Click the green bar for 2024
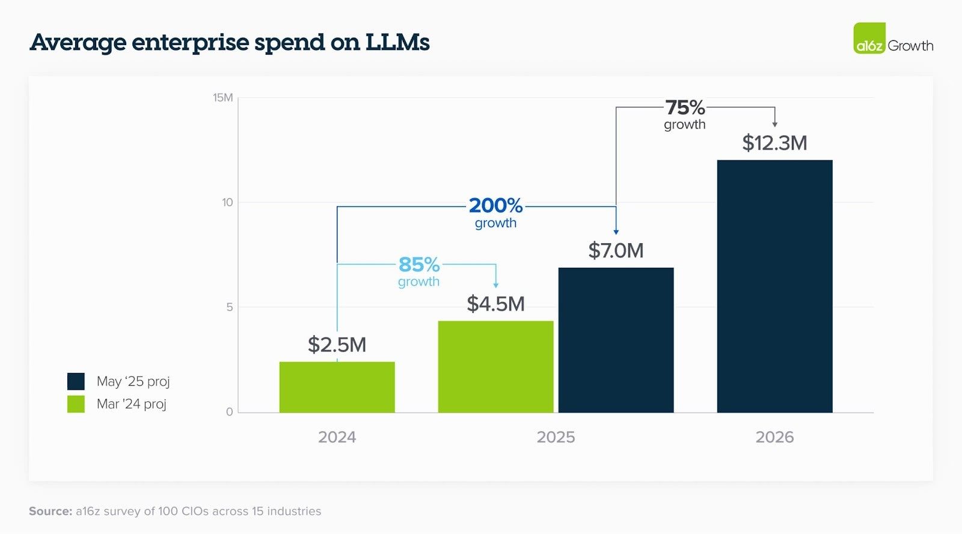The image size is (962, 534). [x=337, y=387]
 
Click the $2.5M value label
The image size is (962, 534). [x=337, y=345]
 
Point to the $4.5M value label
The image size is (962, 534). [x=495, y=304]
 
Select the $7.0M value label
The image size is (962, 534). [x=616, y=250]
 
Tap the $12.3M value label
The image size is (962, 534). [x=774, y=143]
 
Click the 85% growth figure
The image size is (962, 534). [x=419, y=264]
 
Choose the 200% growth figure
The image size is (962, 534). [x=495, y=205]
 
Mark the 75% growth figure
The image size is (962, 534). [x=685, y=108]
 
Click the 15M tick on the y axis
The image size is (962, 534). [x=222, y=98]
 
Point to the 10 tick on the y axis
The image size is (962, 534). [x=227, y=202]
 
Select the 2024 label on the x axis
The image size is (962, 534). [x=337, y=437]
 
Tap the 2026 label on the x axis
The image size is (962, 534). [x=774, y=437]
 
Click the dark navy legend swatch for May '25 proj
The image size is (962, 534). [x=76, y=381]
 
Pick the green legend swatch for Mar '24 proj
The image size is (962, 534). [x=76, y=404]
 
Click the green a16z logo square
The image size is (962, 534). [x=869, y=38]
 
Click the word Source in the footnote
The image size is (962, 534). [x=50, y=511]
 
